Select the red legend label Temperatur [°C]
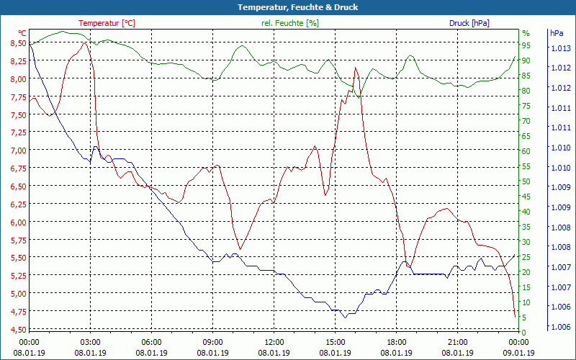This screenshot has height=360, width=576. point(107,23)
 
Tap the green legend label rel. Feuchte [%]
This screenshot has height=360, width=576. point(289,23)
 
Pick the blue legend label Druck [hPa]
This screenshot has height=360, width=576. point(469,23)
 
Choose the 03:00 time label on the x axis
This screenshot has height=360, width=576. point(90,342)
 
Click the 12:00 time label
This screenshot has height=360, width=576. point(274,342)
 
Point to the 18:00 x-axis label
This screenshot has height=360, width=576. point(396,342)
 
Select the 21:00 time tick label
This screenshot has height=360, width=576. point(458,342)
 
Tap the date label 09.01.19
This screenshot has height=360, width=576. point(519,353)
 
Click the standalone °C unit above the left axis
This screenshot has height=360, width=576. point(22,33)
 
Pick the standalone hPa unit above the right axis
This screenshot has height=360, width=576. point(556,33)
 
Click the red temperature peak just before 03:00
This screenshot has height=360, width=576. point(85,42)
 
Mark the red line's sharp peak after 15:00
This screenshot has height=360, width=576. point(355,68)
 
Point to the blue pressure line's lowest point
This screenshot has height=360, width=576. point(344,317)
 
